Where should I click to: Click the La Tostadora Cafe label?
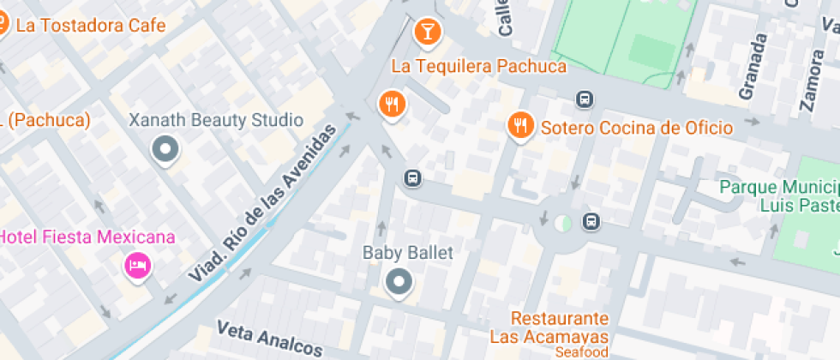coord(90,25)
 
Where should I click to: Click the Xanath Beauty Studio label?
coord(215,120)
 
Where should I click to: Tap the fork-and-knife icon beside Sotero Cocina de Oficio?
coord(519,126)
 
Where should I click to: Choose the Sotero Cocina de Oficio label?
coord(636,128)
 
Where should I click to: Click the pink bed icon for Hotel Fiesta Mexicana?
coord(136,264)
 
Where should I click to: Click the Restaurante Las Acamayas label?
coord(561,327)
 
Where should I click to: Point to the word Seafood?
coord(581,352)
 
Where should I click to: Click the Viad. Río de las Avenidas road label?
coord(261,203)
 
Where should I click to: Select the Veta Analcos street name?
coord(269,339)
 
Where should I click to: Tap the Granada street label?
coord(753,66)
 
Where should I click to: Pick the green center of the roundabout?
coord(562,223)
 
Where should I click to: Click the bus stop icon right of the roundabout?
coord(591,221)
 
